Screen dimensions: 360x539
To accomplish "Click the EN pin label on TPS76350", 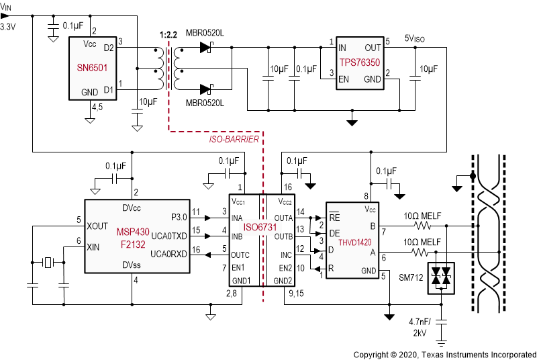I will pos(343,79).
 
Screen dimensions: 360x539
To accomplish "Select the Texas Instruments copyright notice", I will pos(444,353).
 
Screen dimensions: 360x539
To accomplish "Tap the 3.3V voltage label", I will pos(8,28).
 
